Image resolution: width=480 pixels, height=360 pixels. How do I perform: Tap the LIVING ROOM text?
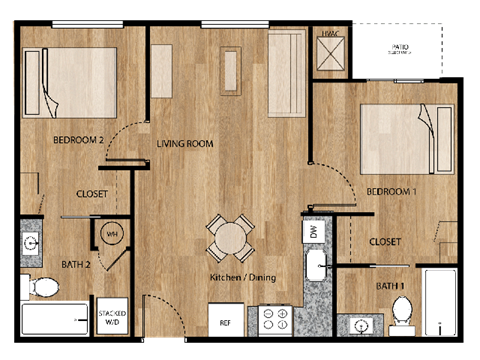185,144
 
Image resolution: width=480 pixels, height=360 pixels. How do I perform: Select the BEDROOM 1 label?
392,191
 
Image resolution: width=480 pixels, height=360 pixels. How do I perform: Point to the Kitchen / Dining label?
242,277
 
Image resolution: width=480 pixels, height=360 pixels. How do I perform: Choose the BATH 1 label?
389,286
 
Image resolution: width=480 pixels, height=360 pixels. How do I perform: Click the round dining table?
230,237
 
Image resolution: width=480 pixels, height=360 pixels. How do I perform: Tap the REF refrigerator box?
226,323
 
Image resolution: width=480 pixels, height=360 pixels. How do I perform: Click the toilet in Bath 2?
43,288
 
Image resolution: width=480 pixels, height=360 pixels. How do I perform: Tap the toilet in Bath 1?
402,309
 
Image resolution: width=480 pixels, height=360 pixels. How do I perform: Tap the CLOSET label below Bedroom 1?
385,242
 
